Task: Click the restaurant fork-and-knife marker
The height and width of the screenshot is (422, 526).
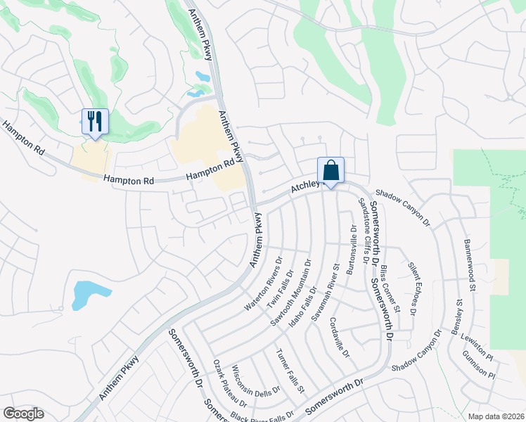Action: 94,122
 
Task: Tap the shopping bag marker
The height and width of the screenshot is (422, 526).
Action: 331,170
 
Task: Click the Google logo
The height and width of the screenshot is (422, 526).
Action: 23,414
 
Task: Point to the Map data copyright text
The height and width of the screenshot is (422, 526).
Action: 496,416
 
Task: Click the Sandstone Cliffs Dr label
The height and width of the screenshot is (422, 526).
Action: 364,230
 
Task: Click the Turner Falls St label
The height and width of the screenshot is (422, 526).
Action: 290,370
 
